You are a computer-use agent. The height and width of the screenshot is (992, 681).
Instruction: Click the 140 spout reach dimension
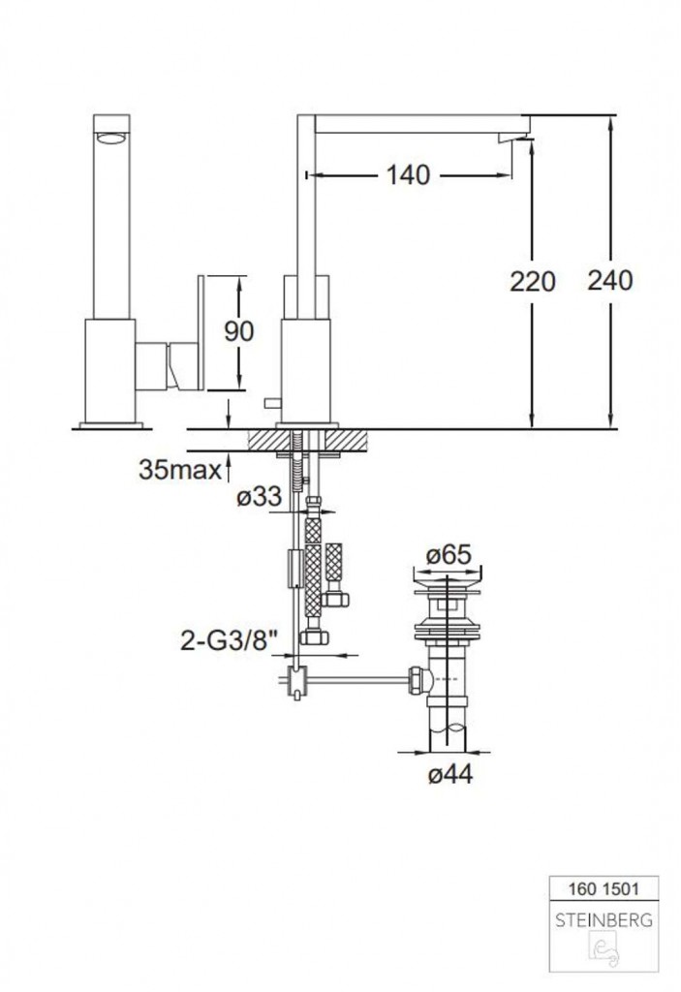[408, 174]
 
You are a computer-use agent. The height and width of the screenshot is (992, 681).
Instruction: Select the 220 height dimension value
[532, 282]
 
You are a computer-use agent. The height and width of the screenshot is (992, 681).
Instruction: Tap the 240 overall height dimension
[610, 280]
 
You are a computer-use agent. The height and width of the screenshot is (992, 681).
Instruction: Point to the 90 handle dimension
[238, 331]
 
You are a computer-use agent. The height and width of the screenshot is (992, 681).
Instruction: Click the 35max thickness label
[180, 470]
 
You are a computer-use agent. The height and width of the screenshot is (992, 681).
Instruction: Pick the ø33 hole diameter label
[259, 496]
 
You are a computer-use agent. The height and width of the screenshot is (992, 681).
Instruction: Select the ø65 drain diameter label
[449, 555]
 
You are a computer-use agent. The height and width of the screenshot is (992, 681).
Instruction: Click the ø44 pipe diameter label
[450, 773]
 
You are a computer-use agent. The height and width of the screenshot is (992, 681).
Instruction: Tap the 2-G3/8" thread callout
[230, 641]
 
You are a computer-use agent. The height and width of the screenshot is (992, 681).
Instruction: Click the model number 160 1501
[604, 889]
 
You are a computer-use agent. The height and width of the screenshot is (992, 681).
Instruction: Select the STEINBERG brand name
[604, 920]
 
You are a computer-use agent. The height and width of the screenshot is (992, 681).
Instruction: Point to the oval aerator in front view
[111, 139]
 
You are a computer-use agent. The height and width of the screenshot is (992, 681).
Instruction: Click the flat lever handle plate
[201, 333]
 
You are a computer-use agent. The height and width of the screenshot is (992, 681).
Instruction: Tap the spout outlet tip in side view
[513, 138]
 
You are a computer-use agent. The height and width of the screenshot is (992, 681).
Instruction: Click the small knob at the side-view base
[272, 403]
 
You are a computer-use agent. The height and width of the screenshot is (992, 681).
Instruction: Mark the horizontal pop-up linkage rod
[357, 681]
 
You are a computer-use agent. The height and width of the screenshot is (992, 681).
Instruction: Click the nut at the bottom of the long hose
[313, 636]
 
